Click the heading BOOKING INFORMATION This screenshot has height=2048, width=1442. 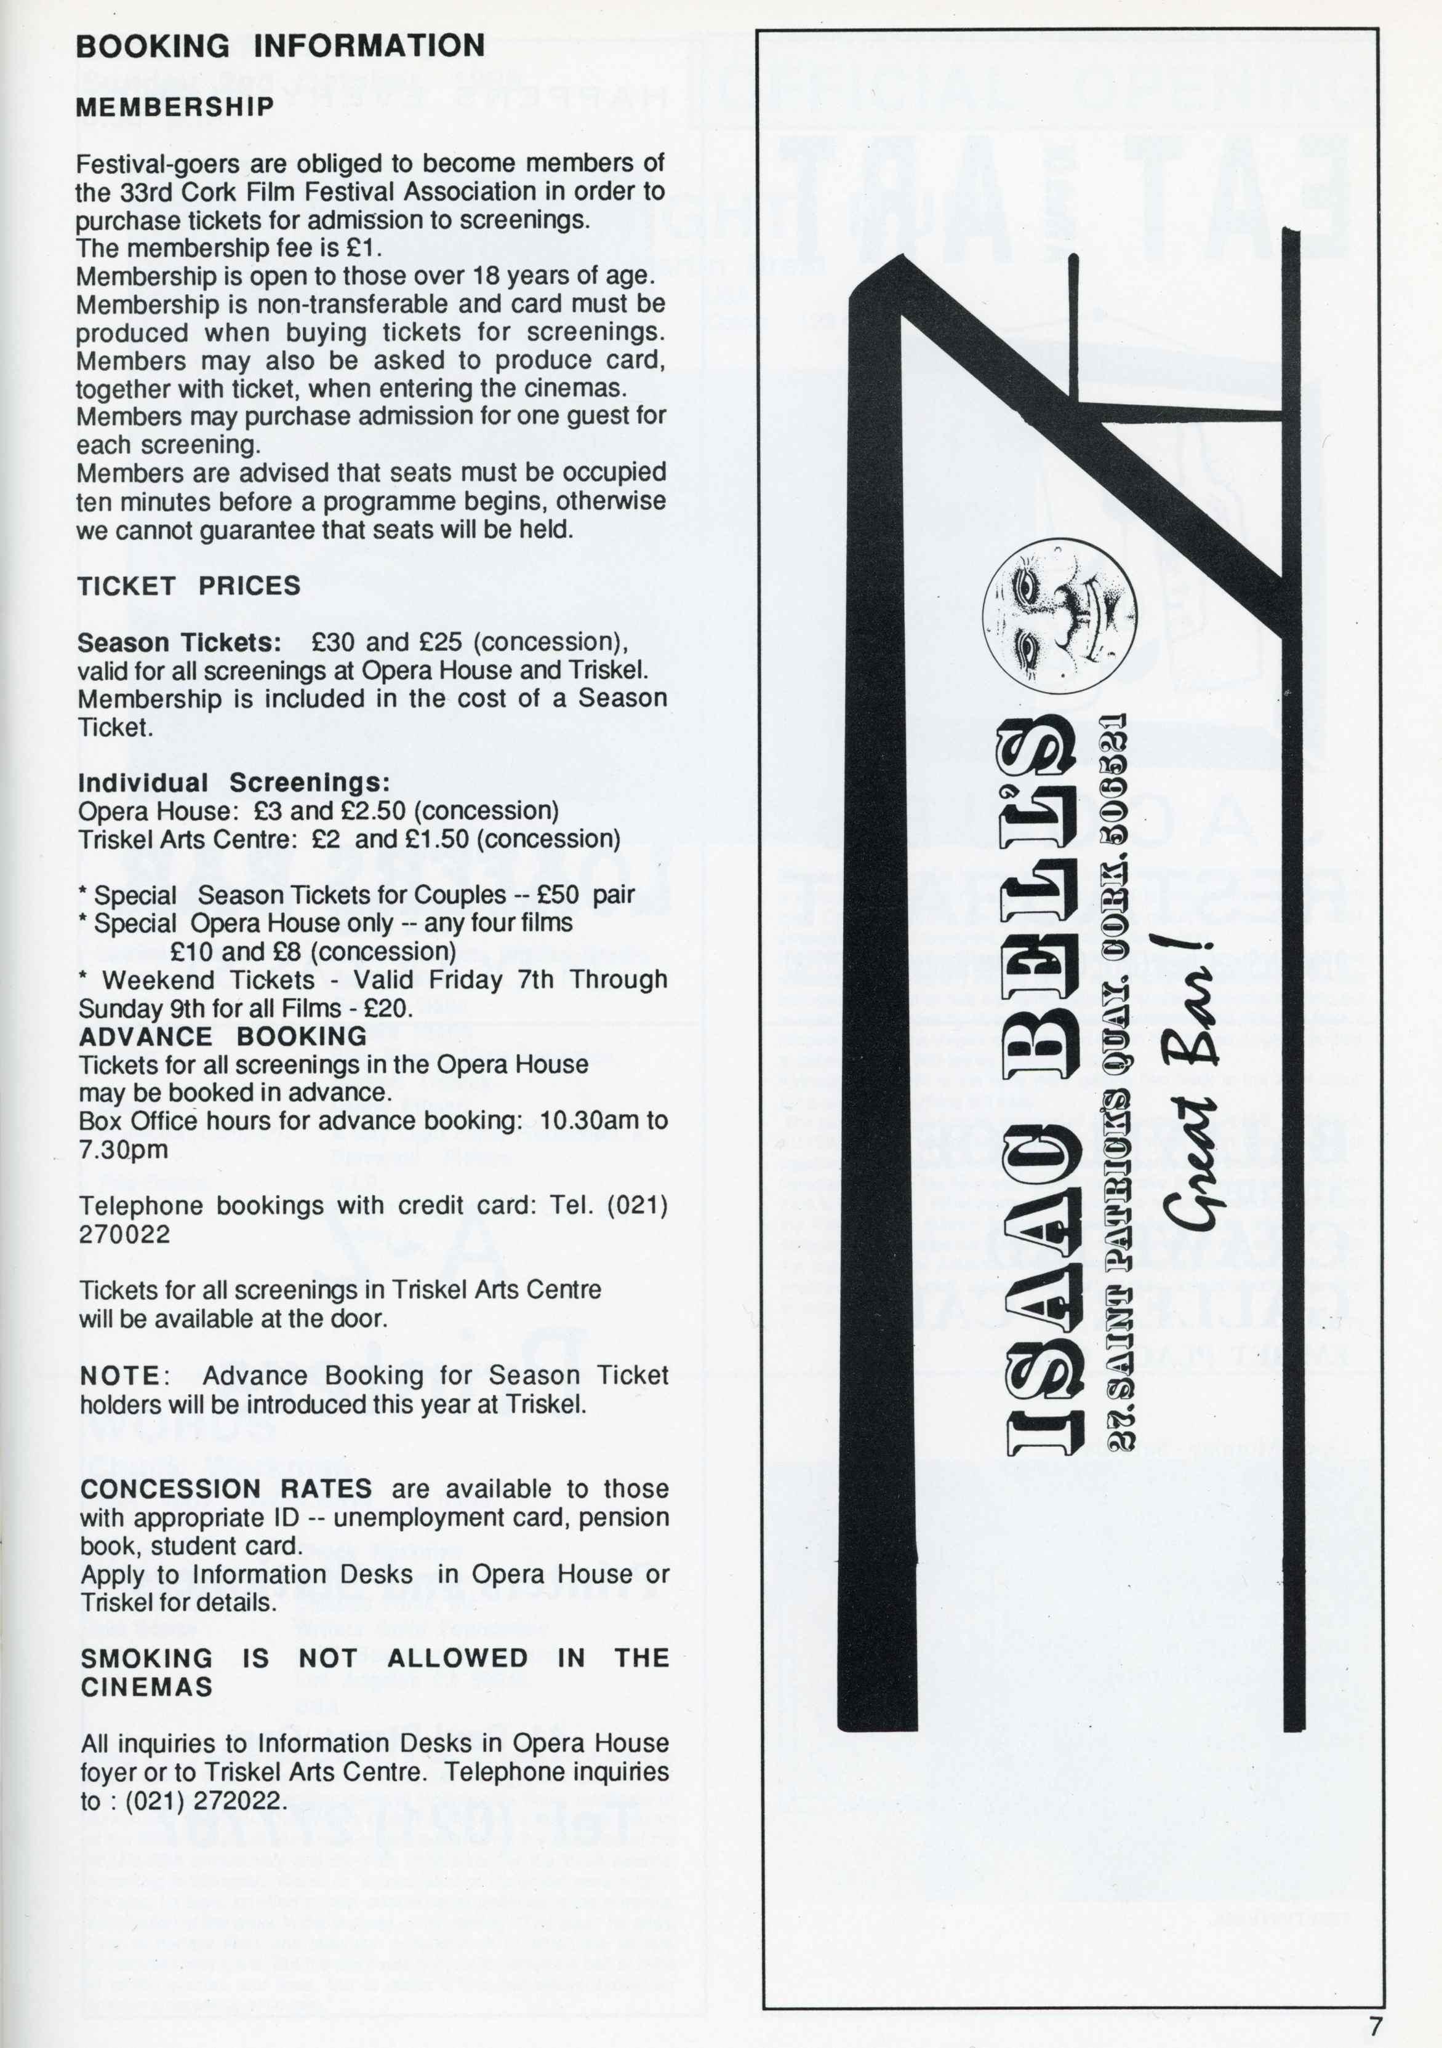[x=280, y=46]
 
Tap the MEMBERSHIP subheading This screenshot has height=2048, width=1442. [x=175, y=107]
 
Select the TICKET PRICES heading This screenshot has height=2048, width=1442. [x=189, y=586]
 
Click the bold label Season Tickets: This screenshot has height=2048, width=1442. [x=179, y=642]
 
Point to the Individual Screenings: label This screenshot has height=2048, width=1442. [x=234, y=783]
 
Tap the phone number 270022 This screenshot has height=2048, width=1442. [x=125, y=1235]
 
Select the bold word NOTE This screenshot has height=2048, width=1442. [x=119, y=1376]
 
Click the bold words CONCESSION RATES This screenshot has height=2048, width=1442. [x=226, y=1489]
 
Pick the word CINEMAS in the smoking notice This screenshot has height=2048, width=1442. [x=147, y=1687]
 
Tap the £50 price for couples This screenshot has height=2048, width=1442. [x=558, y=895]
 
